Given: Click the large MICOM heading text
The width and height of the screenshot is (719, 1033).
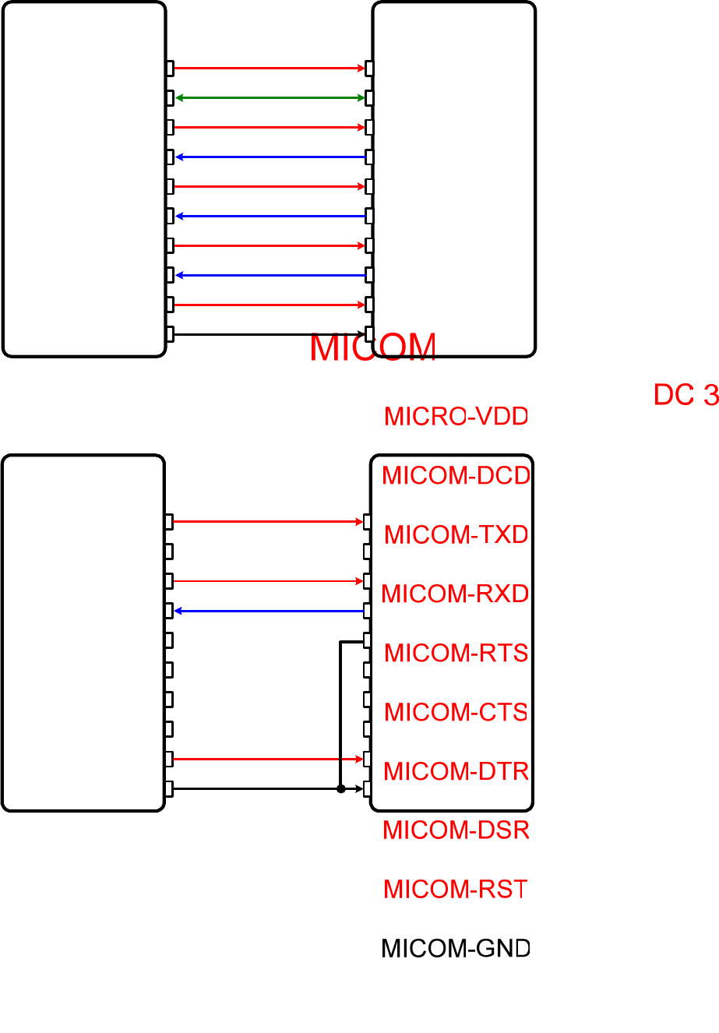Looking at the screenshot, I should [372, 348].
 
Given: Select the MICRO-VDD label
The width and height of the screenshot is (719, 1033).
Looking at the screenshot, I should [456, 417].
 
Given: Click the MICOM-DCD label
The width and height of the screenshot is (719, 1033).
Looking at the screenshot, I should [456, 475].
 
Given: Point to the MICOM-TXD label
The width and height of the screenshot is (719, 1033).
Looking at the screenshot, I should [456, 535].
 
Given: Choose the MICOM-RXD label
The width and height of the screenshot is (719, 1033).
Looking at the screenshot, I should [456, 594].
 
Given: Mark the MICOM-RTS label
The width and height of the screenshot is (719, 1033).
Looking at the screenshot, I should [456, 653].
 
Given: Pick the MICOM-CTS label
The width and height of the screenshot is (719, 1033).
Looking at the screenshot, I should [456, 712].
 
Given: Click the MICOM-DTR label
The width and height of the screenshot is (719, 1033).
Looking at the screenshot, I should [456, 771].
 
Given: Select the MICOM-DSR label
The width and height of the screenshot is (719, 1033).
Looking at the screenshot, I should [456, 830].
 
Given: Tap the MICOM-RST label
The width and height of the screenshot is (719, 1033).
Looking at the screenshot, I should [456, 889].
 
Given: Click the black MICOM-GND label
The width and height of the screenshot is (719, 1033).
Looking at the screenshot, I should [456, 948].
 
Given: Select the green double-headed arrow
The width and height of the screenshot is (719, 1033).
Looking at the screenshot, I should [270, 98].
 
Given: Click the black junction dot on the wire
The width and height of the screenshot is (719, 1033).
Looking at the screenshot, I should [340, 788].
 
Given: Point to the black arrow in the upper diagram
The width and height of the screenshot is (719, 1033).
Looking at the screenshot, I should [270, 335].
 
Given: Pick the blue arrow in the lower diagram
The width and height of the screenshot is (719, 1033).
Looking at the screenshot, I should [270, 611].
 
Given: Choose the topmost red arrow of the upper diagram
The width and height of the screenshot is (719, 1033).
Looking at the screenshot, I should [270, 69].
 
